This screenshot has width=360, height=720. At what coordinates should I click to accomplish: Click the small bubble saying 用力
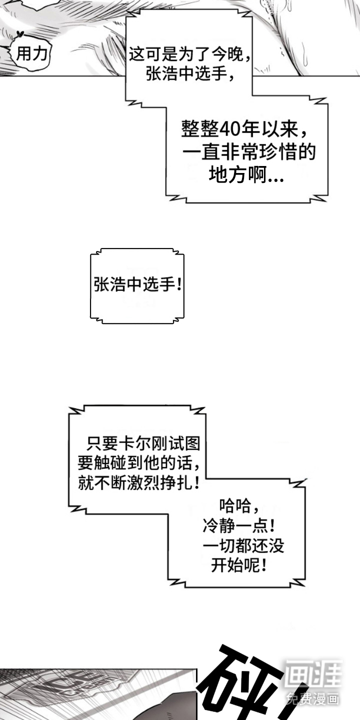point(31,54)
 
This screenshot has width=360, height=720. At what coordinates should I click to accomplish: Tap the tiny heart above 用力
point(20,34)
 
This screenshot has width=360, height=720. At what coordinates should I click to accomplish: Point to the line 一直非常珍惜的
point(248,152)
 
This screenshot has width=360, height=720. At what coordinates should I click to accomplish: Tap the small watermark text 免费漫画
point(313,698)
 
